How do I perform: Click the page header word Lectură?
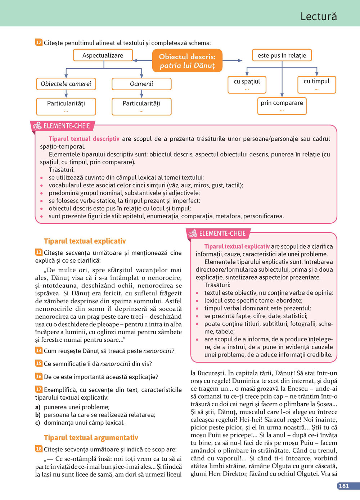pos(319,17)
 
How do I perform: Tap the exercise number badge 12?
pos(39,42)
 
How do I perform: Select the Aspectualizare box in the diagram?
pos(103,55)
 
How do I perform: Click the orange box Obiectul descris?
pos(187,61)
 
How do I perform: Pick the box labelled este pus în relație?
pos(282,55)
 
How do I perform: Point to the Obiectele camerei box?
pos(66,84)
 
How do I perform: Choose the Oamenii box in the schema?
pos(141,84)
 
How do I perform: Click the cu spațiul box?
pos(247,84)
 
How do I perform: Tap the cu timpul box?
pos(317,84)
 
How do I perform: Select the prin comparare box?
pos(282,105)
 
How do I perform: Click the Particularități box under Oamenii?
pos(141,106)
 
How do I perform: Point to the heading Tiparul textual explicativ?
pos(85,241)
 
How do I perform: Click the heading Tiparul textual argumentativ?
pos(91,438)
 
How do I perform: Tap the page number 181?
pos(344,486)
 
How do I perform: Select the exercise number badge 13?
pos(39,252)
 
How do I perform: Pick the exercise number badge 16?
pos(39,376)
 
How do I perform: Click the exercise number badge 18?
pos(39,449)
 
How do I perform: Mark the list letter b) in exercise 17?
pos(38,415)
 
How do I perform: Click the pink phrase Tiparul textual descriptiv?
pos(84,139)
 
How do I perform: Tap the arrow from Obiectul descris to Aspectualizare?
pos(143,60)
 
